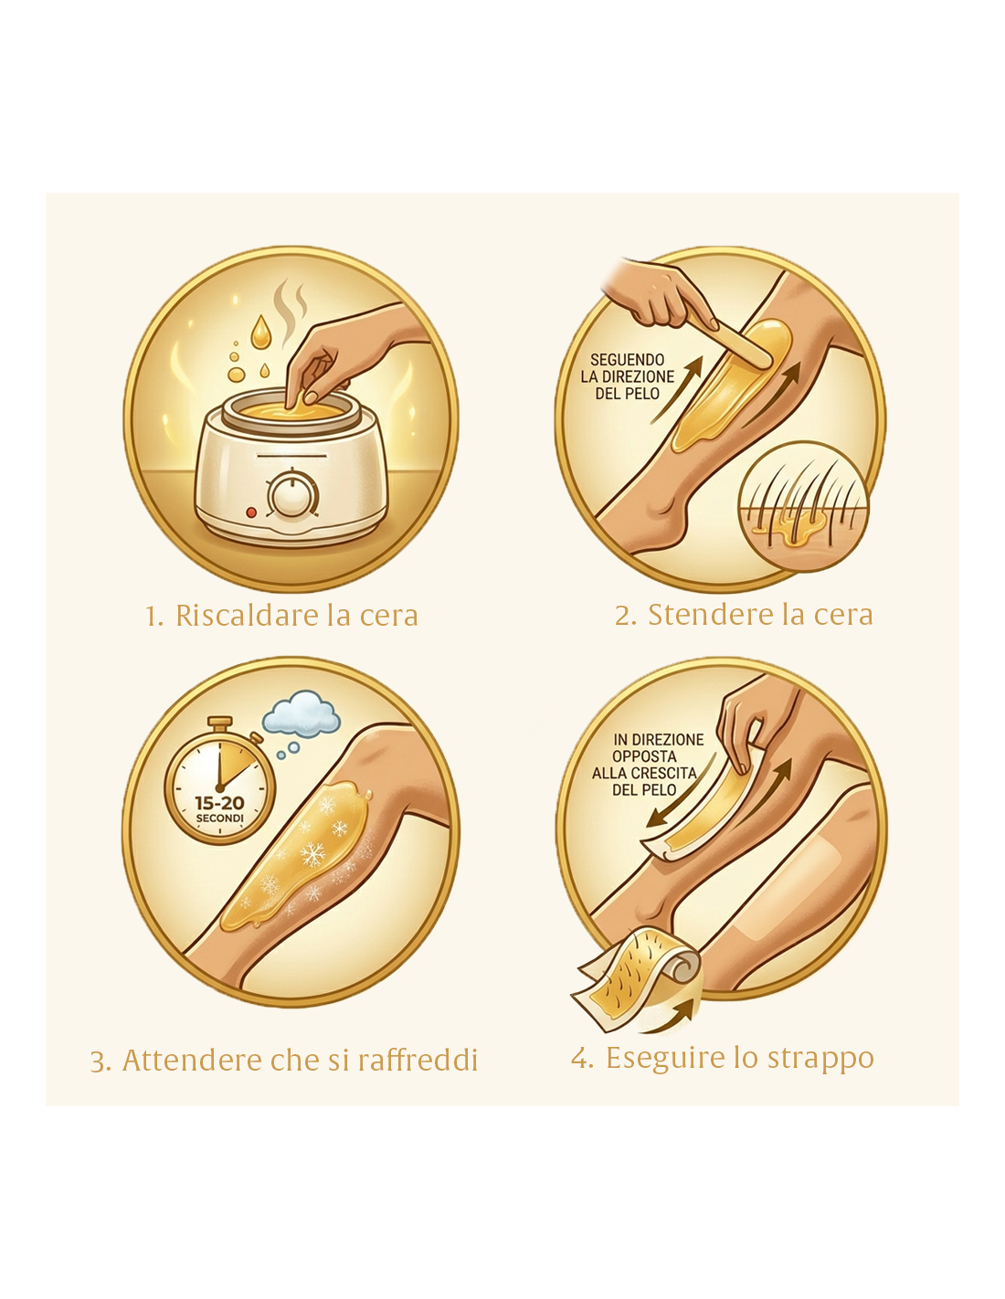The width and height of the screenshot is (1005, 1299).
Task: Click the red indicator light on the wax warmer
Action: [251, 512]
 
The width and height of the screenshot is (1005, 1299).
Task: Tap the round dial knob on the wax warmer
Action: [292, 496]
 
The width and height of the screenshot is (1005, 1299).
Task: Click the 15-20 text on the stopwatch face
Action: [219, 803]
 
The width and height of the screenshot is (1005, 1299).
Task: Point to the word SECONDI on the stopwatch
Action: [219, 818]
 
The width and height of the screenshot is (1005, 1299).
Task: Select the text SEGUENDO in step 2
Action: [627, 360]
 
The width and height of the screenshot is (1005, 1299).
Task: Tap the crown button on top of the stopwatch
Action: [223, 724]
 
